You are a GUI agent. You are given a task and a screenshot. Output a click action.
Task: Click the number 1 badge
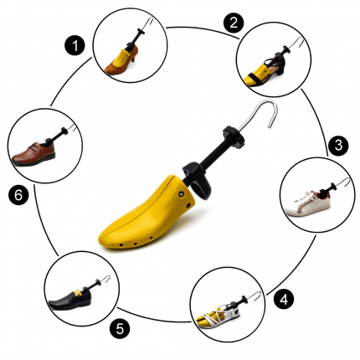[75, 46]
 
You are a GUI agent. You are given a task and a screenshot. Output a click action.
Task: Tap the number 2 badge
[234, 23]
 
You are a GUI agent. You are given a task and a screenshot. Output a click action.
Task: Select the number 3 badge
[338, 146]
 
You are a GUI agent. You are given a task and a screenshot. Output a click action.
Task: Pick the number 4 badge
[284, 300]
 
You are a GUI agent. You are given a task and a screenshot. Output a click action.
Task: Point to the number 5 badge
[120, 328]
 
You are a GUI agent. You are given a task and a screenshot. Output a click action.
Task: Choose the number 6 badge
[18, 195]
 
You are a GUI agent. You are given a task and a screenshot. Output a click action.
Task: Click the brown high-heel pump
[121, 61]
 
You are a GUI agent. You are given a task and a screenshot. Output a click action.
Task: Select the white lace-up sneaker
[307, 203]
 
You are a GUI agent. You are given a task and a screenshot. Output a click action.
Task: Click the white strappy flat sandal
[218, 316]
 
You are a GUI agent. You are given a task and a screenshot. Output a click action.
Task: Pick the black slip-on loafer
[70, 300]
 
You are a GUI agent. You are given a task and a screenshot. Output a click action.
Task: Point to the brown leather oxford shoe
[33, 154]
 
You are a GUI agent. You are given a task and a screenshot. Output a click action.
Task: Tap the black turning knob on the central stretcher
[234, 136]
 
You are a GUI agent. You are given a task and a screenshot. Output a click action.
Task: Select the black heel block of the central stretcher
[198, 180]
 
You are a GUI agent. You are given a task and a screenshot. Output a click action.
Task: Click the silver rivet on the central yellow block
[182, 193]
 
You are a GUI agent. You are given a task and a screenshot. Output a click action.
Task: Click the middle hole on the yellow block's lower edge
[136, 244]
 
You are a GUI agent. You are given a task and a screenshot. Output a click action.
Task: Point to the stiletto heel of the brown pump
[134, 58]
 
